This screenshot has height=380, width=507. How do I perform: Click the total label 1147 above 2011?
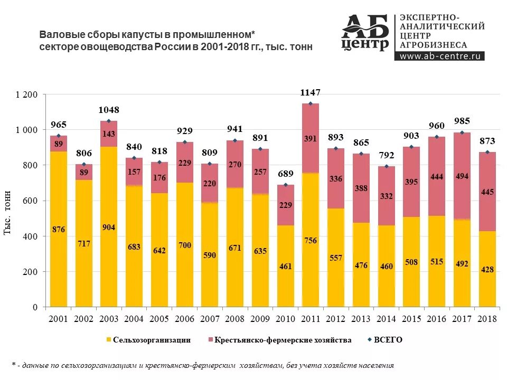[310, 93]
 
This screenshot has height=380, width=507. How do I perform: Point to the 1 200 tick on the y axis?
[27, 95]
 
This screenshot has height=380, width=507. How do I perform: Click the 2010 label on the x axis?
[286, 319]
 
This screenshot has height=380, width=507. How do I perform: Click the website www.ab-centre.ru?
[439, 56]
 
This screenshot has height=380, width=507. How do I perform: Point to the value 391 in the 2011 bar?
[310, 139]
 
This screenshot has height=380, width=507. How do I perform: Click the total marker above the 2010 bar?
[286, 185]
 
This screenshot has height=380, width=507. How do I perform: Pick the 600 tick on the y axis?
[31, 201]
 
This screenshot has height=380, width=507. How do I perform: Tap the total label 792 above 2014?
[387, 156]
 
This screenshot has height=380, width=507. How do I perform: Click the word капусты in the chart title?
[140, 35]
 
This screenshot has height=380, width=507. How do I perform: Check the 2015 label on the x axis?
[412, 319]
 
